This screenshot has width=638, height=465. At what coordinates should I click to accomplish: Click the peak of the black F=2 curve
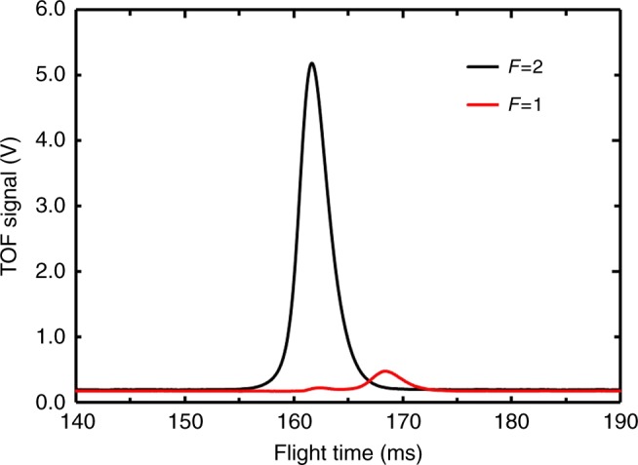[x=312, y=64]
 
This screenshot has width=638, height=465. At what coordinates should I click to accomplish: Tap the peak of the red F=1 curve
[x=384, y=371]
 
